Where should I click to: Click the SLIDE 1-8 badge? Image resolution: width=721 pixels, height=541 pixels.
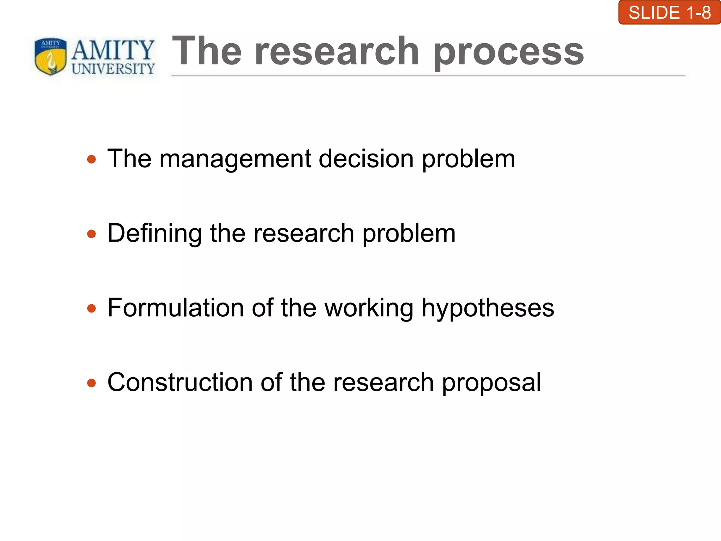669,13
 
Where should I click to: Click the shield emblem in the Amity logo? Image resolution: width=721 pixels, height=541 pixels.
51,56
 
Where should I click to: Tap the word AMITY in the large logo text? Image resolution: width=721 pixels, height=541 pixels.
113,50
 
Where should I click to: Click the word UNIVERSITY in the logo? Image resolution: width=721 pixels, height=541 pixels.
113,69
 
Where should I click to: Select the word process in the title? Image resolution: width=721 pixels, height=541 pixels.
508,52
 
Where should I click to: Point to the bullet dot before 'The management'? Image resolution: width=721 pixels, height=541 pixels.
92,160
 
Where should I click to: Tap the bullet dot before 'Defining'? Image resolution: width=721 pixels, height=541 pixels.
92,234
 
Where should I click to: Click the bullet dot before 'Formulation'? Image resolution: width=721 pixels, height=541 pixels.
92,309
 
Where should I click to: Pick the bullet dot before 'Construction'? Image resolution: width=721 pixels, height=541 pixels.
92,383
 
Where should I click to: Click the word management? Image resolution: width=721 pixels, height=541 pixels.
235,159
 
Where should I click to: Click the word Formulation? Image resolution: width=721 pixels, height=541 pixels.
175,308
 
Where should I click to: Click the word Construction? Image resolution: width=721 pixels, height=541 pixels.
180,382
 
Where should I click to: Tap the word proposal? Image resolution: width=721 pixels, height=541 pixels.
491,383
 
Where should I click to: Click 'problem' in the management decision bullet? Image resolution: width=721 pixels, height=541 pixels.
468,159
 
